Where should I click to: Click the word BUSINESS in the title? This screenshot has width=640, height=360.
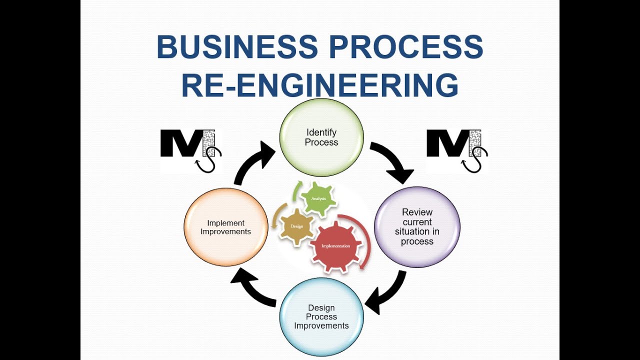(237, 47)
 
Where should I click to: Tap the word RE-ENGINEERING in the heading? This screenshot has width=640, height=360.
(320, 85)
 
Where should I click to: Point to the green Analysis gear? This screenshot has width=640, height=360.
(318, 199)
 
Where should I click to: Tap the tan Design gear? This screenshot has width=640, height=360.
(296, 226)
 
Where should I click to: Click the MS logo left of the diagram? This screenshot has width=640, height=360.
(190, 150)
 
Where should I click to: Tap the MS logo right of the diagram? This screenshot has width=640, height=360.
(456, 150)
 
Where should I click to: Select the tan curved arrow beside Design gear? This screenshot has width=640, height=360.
(275, 215)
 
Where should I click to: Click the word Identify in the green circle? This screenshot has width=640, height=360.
(321, 132)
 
